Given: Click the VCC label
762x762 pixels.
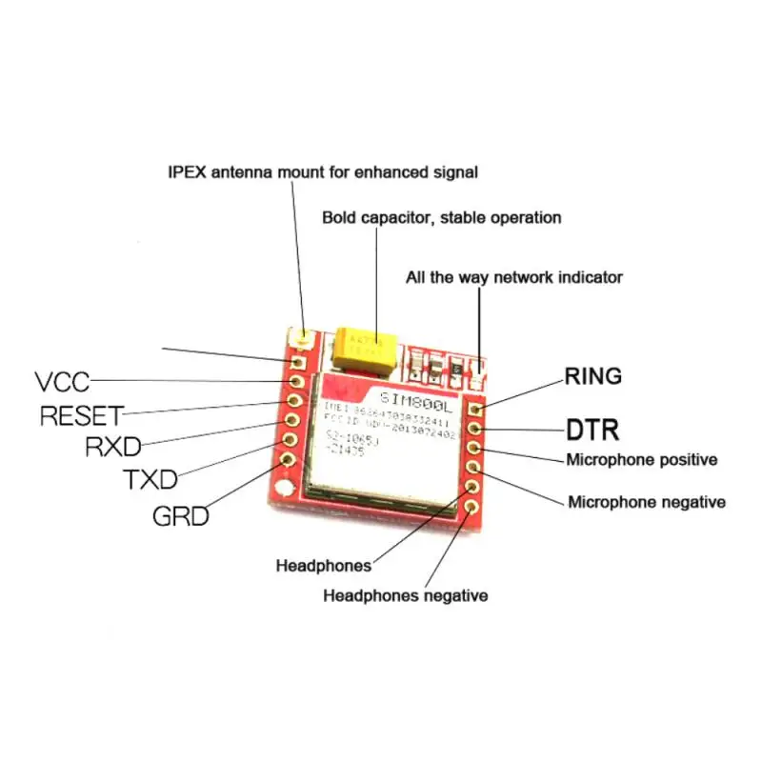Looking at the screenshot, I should pos(62,382).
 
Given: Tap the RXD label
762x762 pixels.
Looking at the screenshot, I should pos(113,447).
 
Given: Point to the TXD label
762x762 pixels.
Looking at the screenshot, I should pos(150,479).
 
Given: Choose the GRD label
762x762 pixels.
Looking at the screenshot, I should pos(180,516).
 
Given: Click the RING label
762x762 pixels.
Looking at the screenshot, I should pos(593,376).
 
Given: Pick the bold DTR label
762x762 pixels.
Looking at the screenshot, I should pos(593,430).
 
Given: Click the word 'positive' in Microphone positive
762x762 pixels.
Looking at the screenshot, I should pos(682,460).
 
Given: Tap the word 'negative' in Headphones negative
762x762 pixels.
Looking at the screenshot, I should pos(451,595).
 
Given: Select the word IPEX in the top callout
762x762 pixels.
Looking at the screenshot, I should pos(185,172).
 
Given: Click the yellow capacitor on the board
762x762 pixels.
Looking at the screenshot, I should pos(360,347).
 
